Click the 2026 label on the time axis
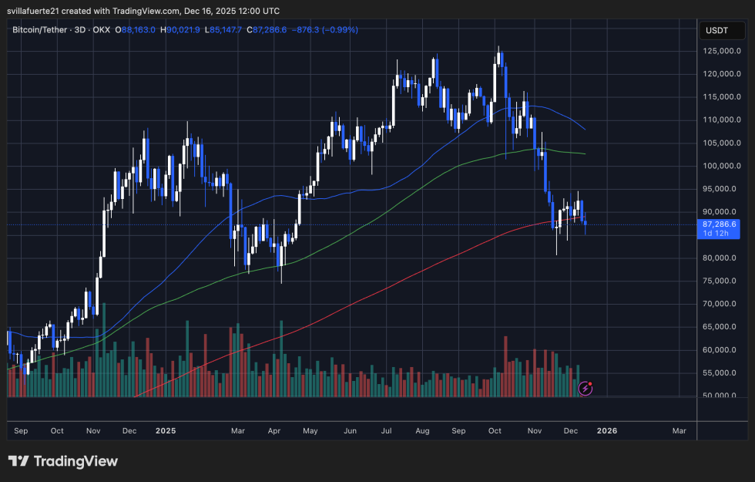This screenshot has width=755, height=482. click(x=606, y=431)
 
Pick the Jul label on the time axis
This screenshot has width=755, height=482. click(x=387, y=431)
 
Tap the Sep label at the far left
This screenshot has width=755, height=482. click(x=21, y=431)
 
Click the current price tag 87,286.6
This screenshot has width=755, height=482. click(x=718, y=224)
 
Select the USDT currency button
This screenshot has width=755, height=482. click(x=718, y=32)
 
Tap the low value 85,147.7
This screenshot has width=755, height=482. click(x=224, y=30)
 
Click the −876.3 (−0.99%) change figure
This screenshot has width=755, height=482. click(x=324, y=30)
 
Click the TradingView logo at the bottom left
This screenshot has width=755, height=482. click(x=63, y=461)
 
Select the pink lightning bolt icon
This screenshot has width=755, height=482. click(x=585, y=389)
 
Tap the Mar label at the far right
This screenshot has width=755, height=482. click(x=679, y=431)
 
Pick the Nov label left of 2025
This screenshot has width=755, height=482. click(x=92, y=431)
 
